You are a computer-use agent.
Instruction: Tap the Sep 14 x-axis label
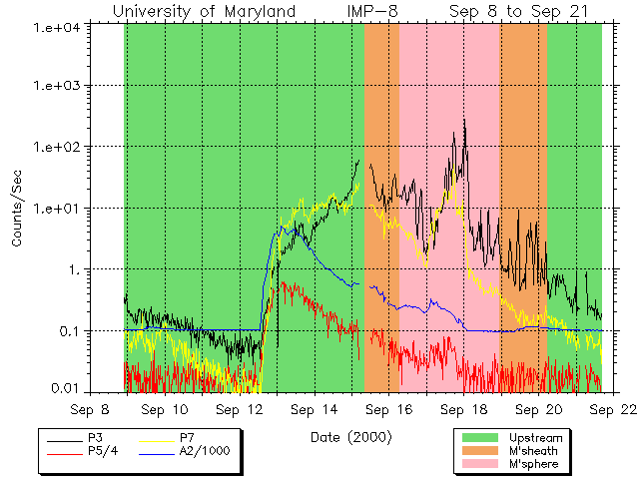click(x=318, y=409)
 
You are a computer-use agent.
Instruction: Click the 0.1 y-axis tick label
click(x=71, y=331)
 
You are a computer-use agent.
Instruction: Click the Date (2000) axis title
click(x=350, y=437)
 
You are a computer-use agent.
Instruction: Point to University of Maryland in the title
click(x=205, y=11)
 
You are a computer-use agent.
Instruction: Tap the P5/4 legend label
click(x=103, y=451)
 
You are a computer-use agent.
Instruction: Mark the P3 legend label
click(x=96, y=438)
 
